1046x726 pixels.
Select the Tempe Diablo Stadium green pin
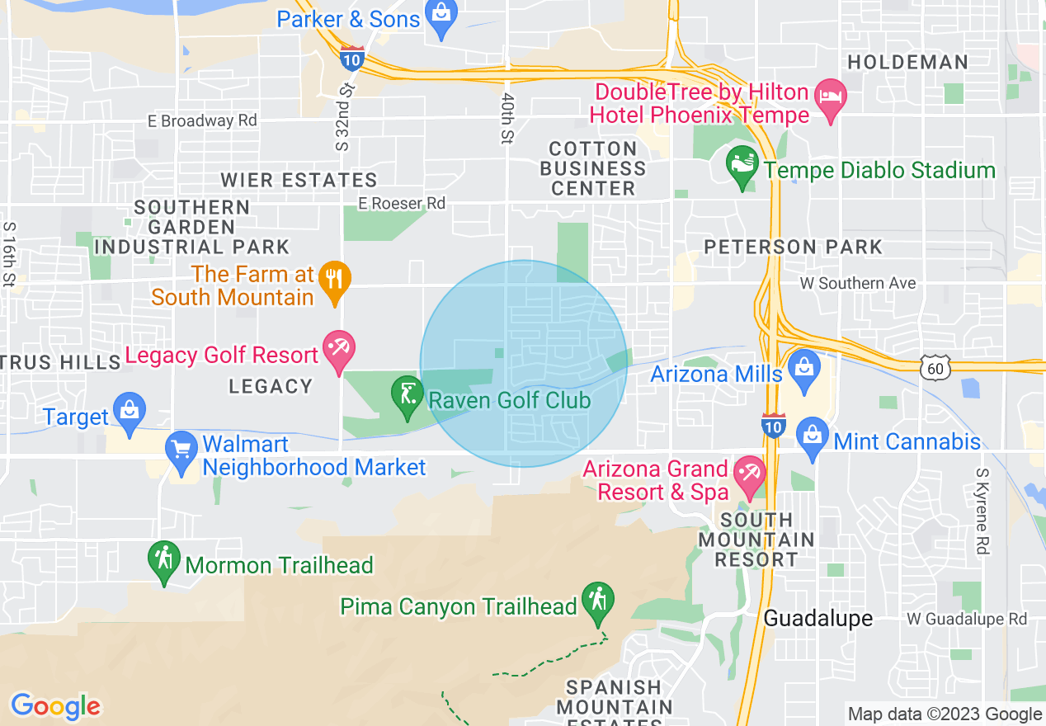742,167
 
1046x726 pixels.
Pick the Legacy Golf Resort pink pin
338,351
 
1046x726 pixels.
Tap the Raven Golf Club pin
406,398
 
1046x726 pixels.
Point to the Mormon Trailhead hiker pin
164,562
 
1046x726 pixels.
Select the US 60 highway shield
935,368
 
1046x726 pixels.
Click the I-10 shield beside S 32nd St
352,57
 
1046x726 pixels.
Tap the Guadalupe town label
817,618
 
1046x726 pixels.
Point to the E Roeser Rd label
402,203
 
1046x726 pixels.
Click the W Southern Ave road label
858,283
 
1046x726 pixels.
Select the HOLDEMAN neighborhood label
907,62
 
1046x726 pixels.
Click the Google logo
55,706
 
